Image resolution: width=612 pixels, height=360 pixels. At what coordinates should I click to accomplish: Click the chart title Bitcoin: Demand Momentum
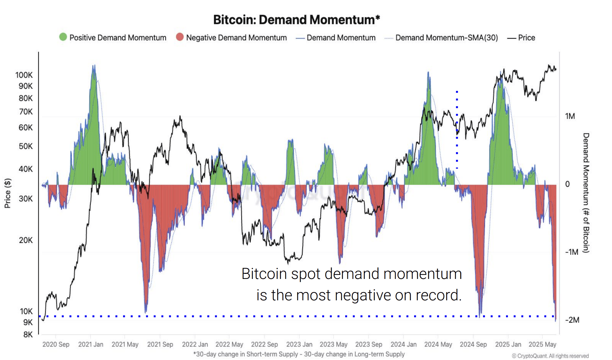click(296, 20)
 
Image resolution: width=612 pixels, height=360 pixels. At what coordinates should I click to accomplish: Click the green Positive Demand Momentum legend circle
click(63, 37)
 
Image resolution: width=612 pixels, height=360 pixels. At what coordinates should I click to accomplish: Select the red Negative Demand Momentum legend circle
click(180, 37)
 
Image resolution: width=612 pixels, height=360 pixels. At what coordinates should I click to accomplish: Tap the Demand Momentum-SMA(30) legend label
click(446, 38)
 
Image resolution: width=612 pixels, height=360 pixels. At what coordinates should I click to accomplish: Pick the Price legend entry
click(526, 38)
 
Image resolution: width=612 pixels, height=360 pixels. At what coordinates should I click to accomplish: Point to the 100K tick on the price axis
click(24, 75)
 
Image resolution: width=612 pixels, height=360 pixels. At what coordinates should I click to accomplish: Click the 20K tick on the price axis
click(26, 240)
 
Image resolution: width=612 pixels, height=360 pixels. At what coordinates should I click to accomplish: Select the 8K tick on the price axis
click(28, 334)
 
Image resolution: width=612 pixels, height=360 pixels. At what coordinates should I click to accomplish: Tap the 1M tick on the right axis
click(570, 116)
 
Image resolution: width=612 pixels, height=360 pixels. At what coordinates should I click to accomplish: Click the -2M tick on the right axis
click(572, 320)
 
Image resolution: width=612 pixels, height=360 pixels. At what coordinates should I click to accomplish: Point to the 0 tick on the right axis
click(567, 184)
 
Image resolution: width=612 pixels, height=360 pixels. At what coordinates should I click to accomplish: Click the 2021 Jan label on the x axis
click(91, 344)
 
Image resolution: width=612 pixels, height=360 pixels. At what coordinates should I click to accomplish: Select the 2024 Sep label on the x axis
click(473, 344)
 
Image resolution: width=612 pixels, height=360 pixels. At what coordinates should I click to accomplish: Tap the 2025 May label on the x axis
click(542, 344)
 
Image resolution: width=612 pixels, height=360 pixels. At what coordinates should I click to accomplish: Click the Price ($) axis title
click(8, 193)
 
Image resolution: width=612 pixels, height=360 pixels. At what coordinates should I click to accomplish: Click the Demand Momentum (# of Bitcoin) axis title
click(586, 193)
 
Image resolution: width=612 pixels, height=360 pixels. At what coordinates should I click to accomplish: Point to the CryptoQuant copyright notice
click(550, 356)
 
